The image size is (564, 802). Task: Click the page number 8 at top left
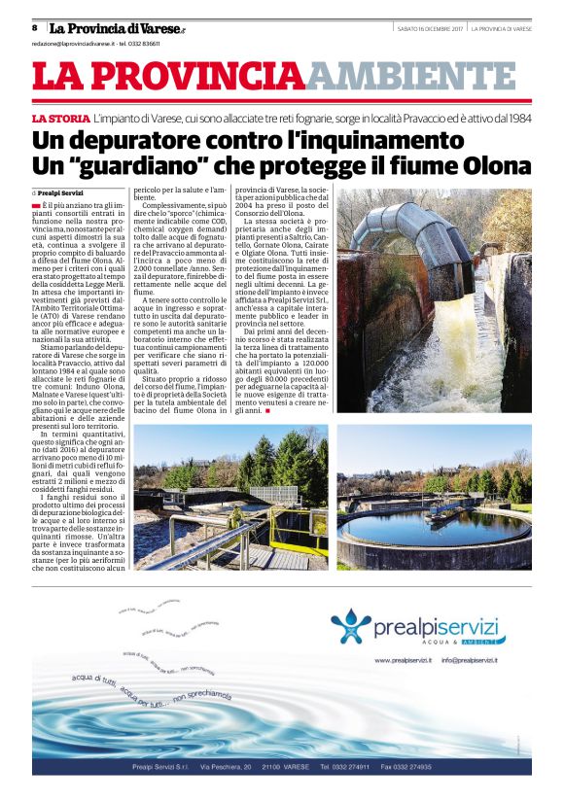point(34,28)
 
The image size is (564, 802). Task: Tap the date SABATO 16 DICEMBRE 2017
point(430,28)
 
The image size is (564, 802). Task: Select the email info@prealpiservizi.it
point(469,660)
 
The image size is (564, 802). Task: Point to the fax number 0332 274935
point(406,767)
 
